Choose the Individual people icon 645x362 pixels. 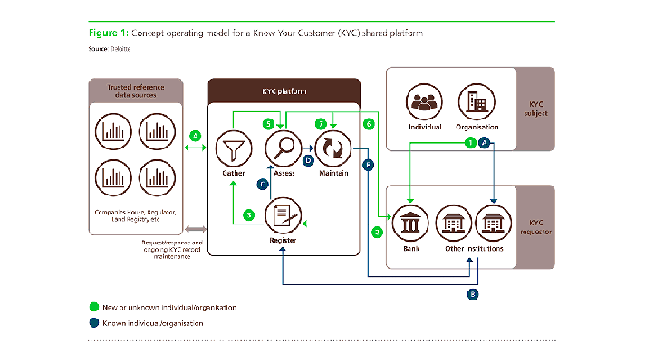point(424,101)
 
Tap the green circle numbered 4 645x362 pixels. point(195,137)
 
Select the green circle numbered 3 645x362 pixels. point(249,214)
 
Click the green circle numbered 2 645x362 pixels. point(377,232)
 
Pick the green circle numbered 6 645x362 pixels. point(369,123)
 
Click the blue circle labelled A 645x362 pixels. point(485,143)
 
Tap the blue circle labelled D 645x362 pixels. point(309,160)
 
